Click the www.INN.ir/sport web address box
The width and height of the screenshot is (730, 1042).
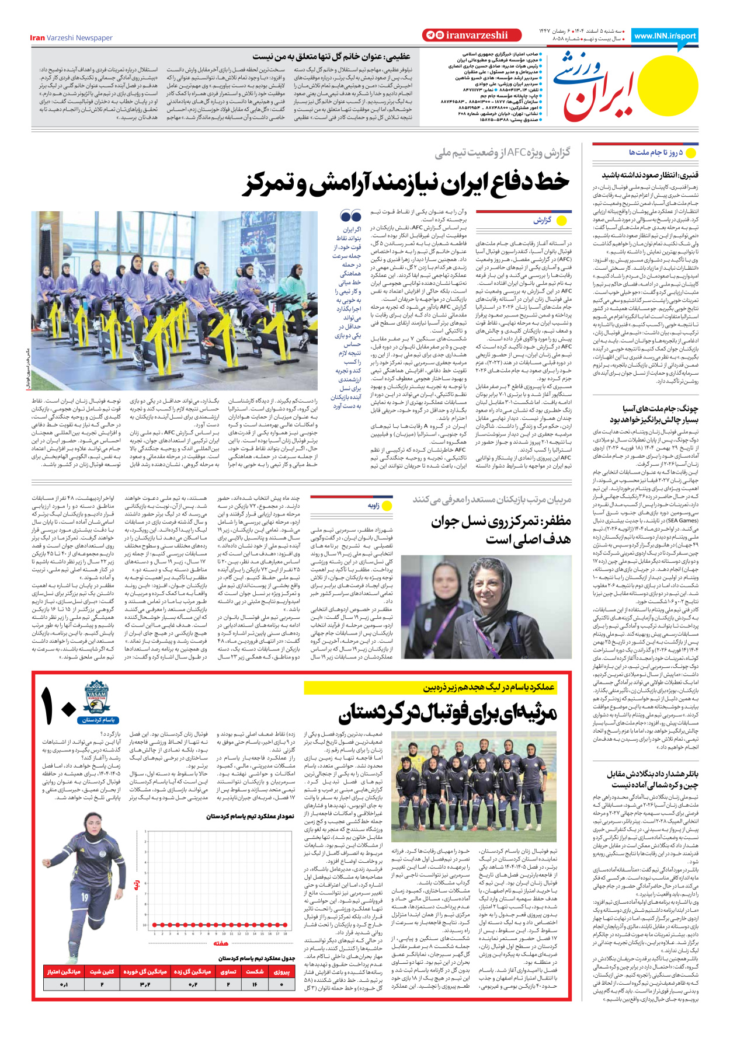pyautogui.click(x=665, y=36)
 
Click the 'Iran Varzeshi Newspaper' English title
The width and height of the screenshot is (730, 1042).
pyautogui.click(x=71, y=38)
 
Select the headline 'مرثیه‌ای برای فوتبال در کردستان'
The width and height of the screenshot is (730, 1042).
pyautogui.click(x=447, y=713)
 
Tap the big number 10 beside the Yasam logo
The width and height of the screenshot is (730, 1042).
pyautogui.click(x=58, y=706)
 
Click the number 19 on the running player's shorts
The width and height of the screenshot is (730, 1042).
pyautogui.click(x=85, y=897)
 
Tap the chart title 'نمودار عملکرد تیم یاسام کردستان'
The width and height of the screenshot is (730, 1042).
pyautogui.click(x=249, y=816)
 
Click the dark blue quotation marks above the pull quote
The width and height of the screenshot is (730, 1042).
pyautogui.click(x=350, y=217)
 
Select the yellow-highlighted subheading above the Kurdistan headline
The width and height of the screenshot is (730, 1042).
pyautogui.click(x=488, y=688)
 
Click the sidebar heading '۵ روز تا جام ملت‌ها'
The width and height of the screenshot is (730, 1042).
pyautogui.click(x=655, y=152)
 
